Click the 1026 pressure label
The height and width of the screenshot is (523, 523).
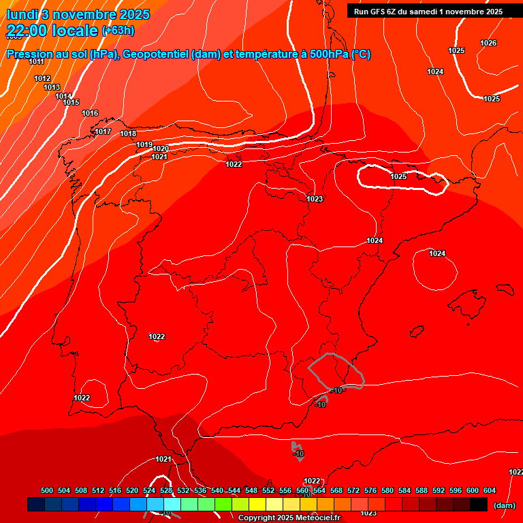coord(488,43)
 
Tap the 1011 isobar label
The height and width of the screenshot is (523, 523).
coord(37,61)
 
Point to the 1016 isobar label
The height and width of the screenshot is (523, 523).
coord(90,113)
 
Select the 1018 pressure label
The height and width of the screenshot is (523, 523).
coord(128,133)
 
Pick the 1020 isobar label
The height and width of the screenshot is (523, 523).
coord(161,148)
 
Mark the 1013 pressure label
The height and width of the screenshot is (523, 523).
coord(52,87)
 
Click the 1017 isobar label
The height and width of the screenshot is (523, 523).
coord(103,131)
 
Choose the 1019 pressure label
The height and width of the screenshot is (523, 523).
coord(144,144)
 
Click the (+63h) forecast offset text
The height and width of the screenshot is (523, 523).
coord(118,30)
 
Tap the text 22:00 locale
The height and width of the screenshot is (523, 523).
coord(52,30)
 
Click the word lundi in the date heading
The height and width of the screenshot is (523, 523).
coord(22,14)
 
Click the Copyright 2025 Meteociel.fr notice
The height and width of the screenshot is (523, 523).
coord(289,518)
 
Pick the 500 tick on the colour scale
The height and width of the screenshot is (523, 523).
coord(47,490)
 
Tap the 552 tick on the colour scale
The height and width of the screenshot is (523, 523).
coord(268,490)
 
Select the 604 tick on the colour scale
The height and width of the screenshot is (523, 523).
coord(490,490)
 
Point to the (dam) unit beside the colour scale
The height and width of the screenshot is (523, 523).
coord(504,505)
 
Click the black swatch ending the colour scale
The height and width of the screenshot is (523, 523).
coord(479,505)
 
